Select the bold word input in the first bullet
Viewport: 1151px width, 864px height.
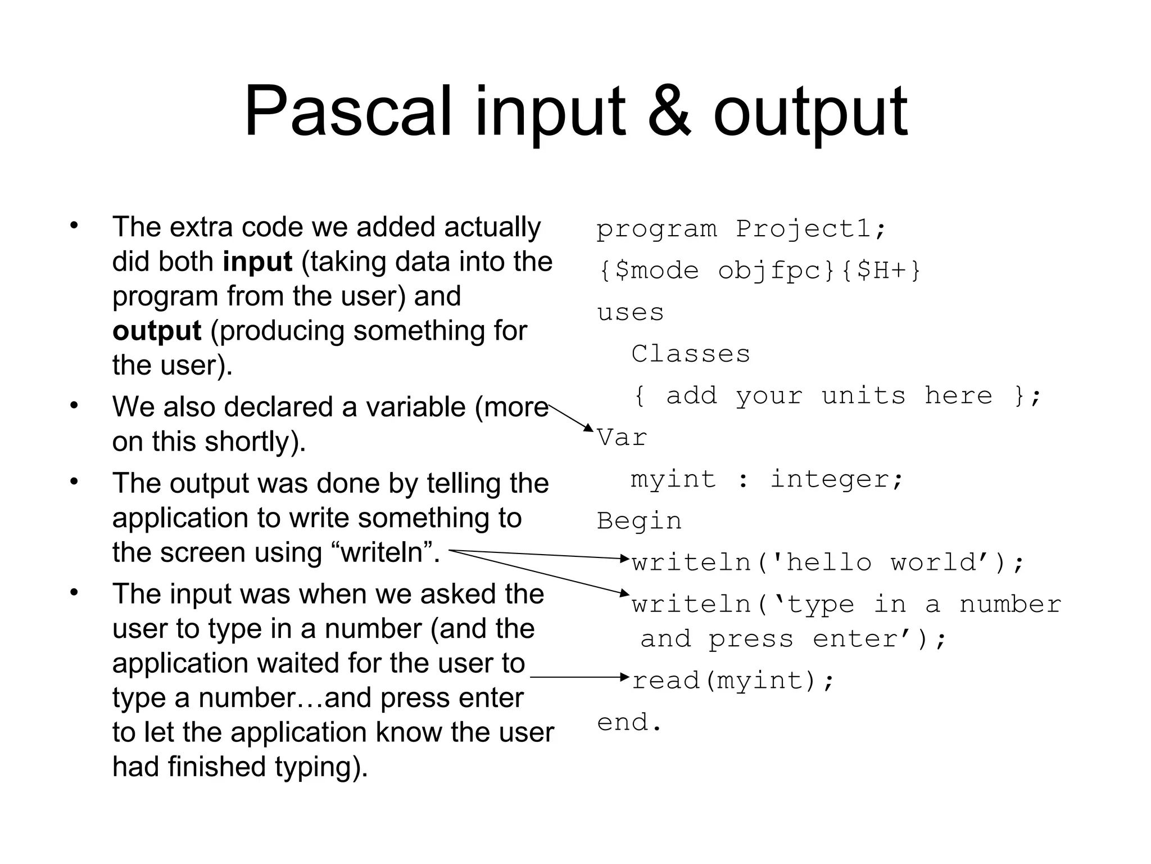(x=257, y=262)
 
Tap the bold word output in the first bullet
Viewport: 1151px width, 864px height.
(x=156, y=331)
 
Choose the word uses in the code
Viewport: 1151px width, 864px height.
(x=630, y=312)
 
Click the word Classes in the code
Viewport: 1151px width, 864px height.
(x=691, y=354)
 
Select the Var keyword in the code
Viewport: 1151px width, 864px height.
(x=622, y=438)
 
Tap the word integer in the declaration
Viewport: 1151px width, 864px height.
(x=836, y=479)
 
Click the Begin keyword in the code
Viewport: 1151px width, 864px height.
(x=639, y=521)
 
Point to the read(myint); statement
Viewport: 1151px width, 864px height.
(x=733, y=681)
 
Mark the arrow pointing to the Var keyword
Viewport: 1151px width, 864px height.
(x=570, y=417)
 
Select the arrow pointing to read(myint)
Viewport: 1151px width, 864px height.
(x=579, y=677)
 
